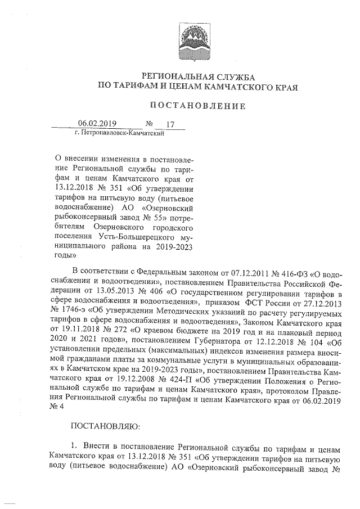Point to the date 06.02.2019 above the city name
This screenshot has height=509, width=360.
[x=96, y=124]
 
